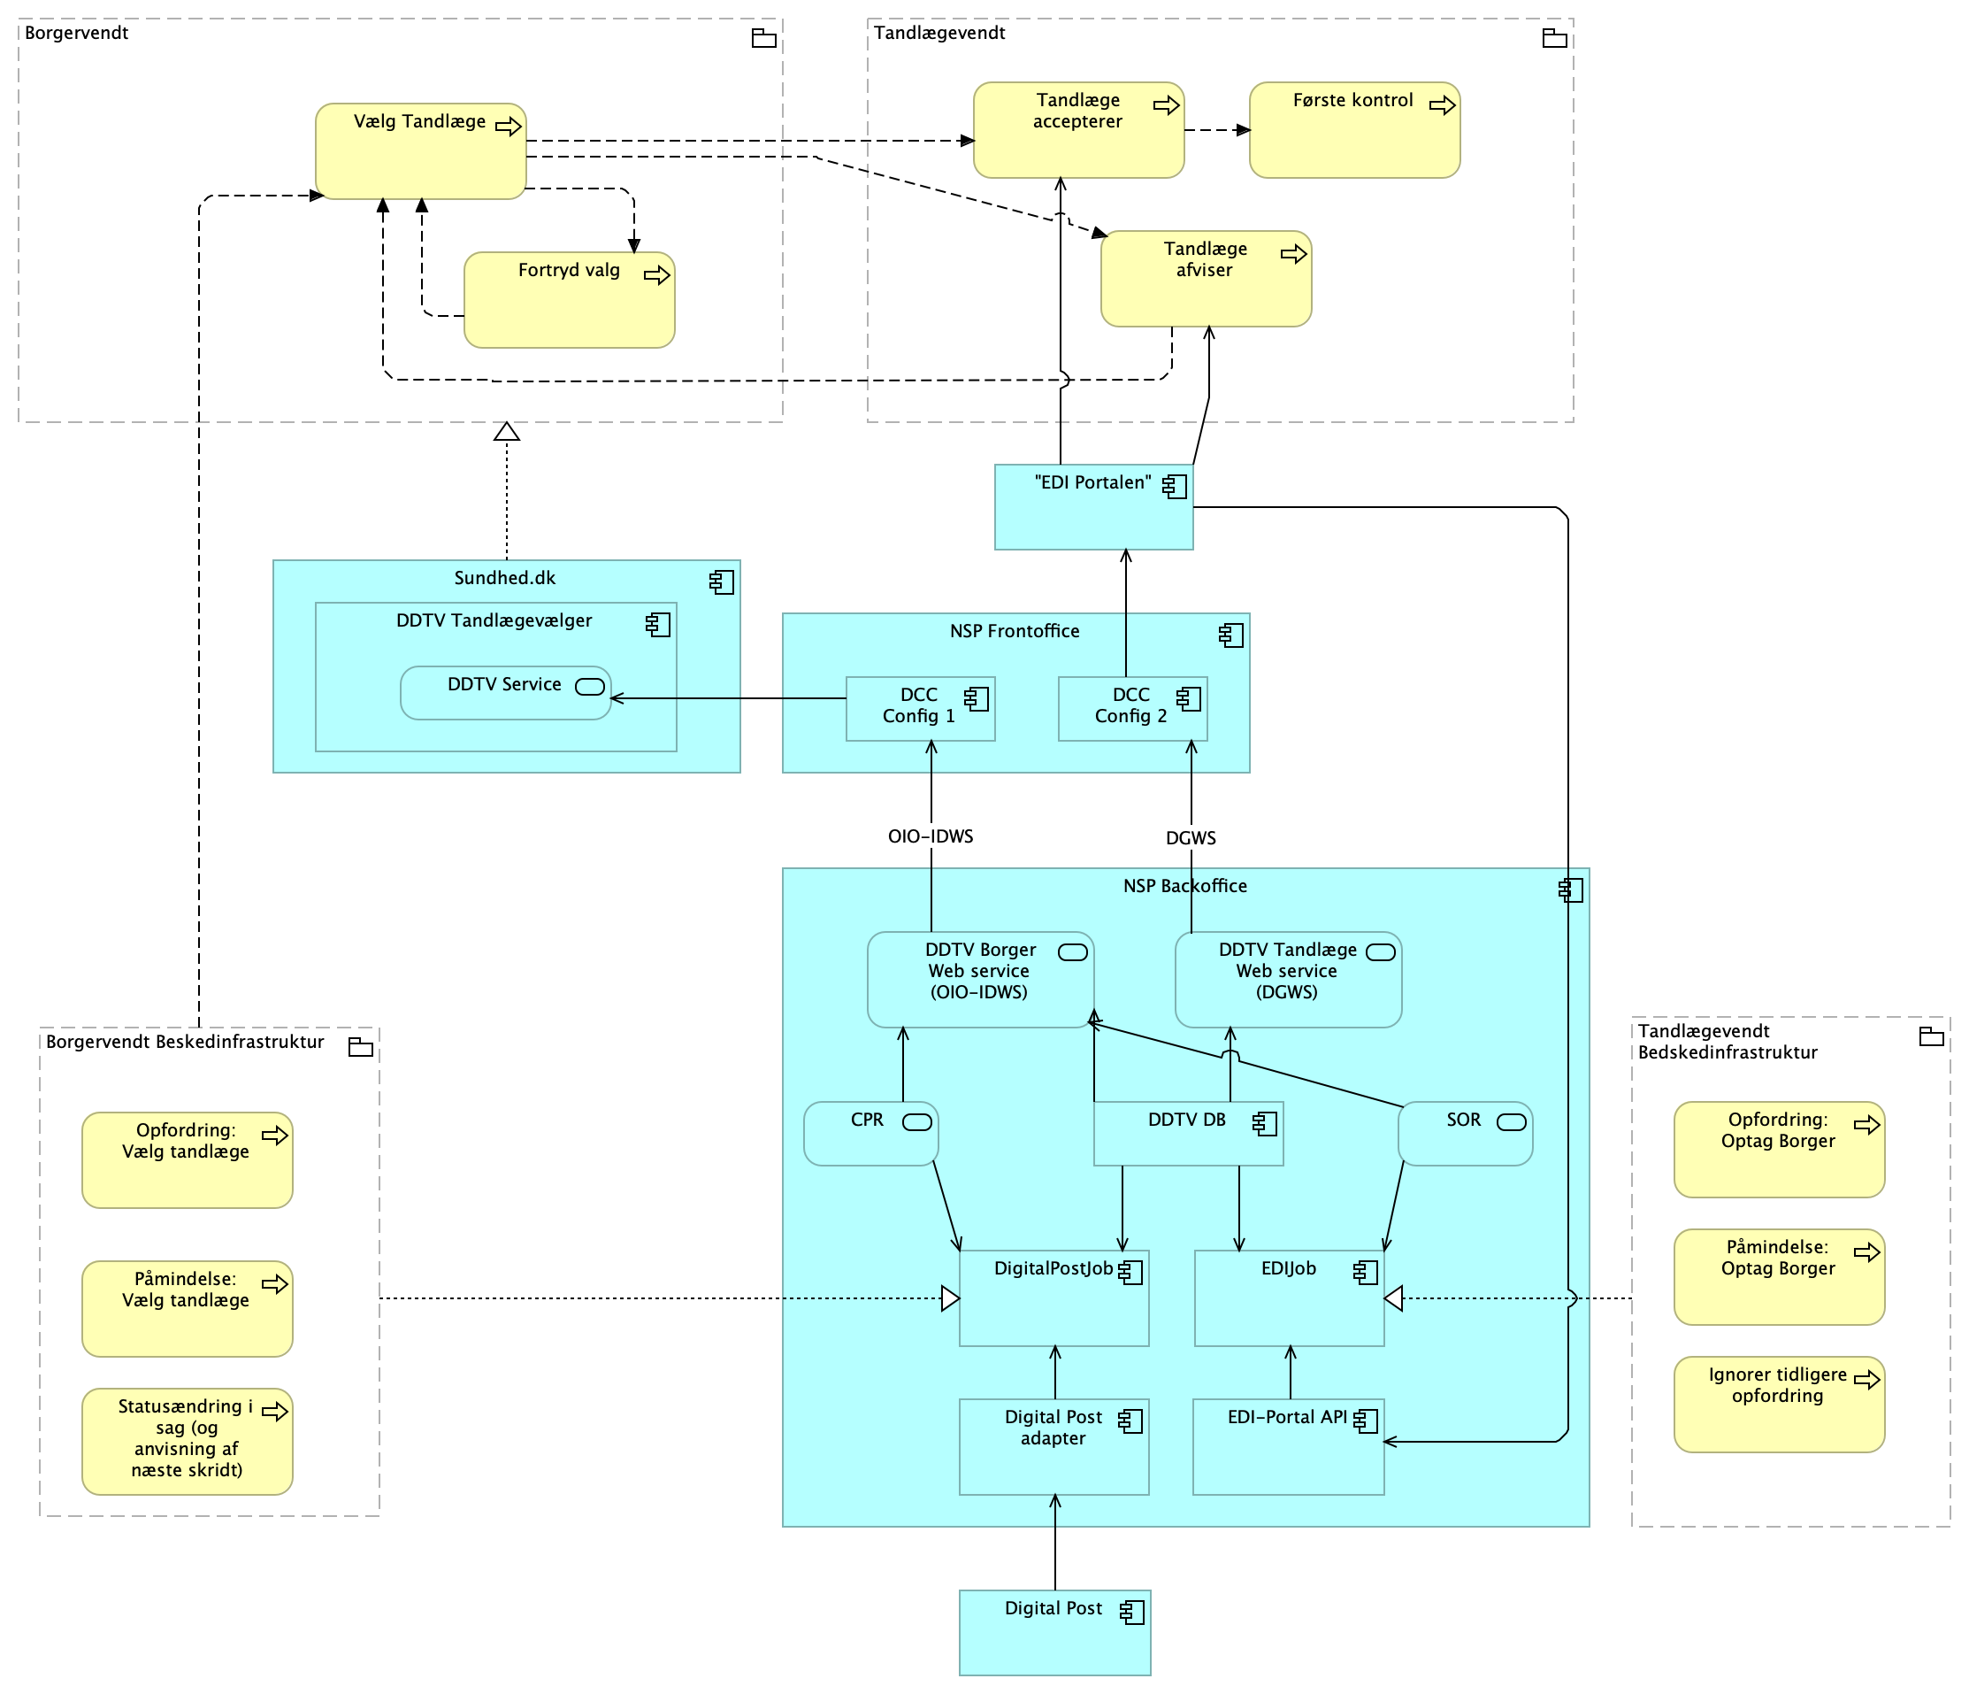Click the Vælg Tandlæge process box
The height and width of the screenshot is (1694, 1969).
420,151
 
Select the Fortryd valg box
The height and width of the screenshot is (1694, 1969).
568,299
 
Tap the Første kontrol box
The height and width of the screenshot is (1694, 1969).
1353,130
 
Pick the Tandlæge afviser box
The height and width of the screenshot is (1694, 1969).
1205,279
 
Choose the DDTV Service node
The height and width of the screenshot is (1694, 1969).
504,693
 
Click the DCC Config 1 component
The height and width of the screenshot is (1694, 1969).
919,708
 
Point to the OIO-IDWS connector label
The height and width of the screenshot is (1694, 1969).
931,836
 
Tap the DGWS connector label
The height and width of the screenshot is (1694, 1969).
1191,837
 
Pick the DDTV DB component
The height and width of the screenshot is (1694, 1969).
1188,1133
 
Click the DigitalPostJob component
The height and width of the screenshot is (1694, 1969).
1053,1297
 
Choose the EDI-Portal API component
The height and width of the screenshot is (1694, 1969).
1288,1446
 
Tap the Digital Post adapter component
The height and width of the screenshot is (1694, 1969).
1053,1446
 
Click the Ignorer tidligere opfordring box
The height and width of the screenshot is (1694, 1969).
1778,1404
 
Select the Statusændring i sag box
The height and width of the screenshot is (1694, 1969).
187,1441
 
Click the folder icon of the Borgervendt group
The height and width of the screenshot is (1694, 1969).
764,39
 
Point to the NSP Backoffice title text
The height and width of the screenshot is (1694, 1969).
1185,886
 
